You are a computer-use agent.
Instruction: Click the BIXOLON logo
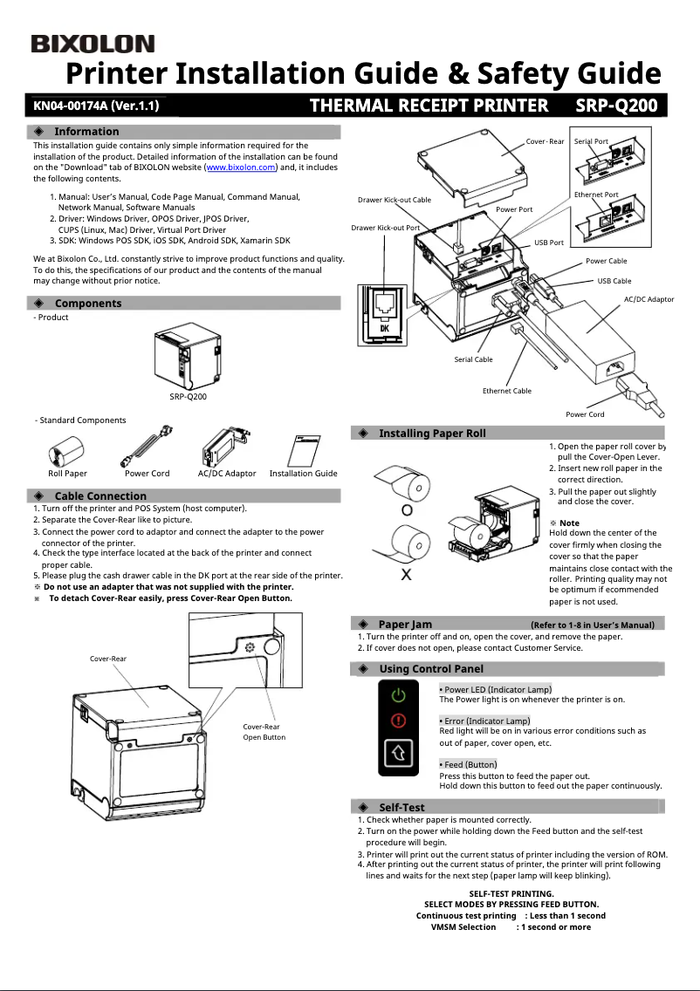point(93,44)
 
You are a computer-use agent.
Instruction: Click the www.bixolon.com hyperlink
point(240,167)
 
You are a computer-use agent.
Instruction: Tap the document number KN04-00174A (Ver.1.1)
point(96,106)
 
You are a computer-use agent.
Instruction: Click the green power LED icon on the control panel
point(399,695)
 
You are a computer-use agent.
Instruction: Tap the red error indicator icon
point(399,721)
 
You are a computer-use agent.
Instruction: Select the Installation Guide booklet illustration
point(304,451)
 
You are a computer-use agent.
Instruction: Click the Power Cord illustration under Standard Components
point(146,447)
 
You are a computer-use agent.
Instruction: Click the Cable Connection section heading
point(100,495)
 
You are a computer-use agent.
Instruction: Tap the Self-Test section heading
point(401,807)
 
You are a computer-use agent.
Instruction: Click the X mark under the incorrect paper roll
point(406,575)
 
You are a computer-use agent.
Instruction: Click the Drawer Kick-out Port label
point(385,228)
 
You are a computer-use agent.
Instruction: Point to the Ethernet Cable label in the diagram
point(506,391)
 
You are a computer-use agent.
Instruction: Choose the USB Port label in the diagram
point(548,243)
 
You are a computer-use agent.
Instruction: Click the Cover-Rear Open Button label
point(264,732)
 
